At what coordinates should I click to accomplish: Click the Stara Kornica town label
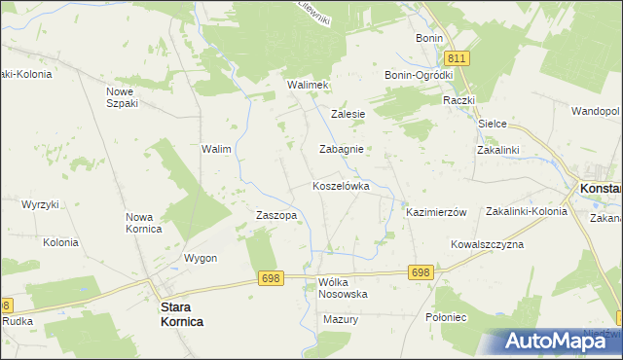tap(181, 313)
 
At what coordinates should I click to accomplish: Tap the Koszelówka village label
tap(341, 185)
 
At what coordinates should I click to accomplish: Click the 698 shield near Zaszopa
tap(272, 278)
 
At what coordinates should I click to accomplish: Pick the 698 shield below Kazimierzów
tap(421, 273)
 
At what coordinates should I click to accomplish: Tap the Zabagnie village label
tap(342, 150)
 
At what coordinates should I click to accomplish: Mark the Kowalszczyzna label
tap(487, 244)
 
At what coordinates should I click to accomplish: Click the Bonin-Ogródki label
tap(420, 75)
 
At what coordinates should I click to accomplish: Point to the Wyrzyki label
tap(41, 204)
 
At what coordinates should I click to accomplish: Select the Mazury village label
tap(341, 319)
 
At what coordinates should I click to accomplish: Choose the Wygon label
tap(200, 258)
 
